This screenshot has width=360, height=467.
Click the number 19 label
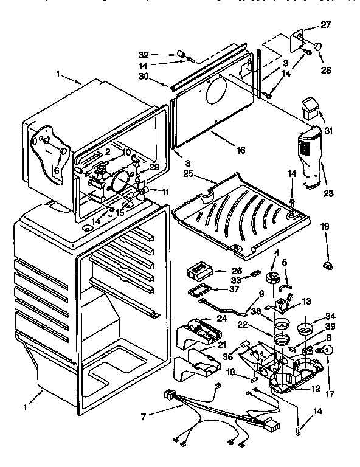point(325,226)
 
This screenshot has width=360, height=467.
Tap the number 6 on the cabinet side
point(56,171)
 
